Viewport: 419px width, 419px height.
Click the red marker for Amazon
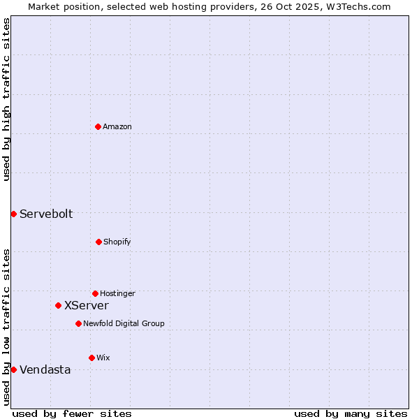tap(98, 126)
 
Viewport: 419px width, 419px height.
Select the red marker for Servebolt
tap(13, 214)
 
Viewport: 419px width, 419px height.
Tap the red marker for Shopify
tap(98, 242)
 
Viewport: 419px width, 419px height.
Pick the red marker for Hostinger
tap(95, 293)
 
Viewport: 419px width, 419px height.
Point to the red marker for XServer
tap(58, 305)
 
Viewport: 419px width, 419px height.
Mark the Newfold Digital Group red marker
tap(78, 323)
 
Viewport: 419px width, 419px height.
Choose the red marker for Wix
tap(91, 358)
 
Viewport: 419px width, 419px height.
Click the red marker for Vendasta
tap(13, 369)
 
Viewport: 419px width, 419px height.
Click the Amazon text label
tap(117, 126)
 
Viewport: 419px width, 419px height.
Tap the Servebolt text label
tap(46, 214)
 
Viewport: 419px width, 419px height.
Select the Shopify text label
tap(117, 242)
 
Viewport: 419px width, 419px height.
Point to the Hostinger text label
tap(117, 293)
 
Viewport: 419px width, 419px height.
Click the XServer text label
tap(87, 305)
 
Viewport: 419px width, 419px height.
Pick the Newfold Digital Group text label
tap(124, 323)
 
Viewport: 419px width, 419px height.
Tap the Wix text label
tap(103, 358)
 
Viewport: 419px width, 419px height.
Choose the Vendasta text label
tap(45, 369)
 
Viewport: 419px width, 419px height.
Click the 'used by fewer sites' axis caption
tap(72, 413)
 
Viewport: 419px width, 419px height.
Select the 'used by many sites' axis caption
tap(351, 413)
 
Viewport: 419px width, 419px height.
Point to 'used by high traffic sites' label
tap(6, 99)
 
